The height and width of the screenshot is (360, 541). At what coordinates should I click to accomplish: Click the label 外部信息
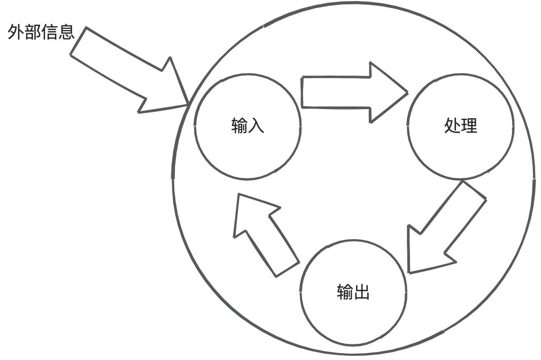click(41, 33)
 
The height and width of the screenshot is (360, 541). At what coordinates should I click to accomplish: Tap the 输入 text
click(248, 126)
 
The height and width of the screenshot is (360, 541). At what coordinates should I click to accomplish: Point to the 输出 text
click(353, 292)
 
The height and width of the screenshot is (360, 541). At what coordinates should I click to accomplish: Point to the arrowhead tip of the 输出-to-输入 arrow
click(238, 195)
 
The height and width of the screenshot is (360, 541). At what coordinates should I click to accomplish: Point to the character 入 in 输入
click(256, 126)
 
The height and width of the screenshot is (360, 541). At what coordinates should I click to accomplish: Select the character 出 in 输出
click(362, 292)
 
